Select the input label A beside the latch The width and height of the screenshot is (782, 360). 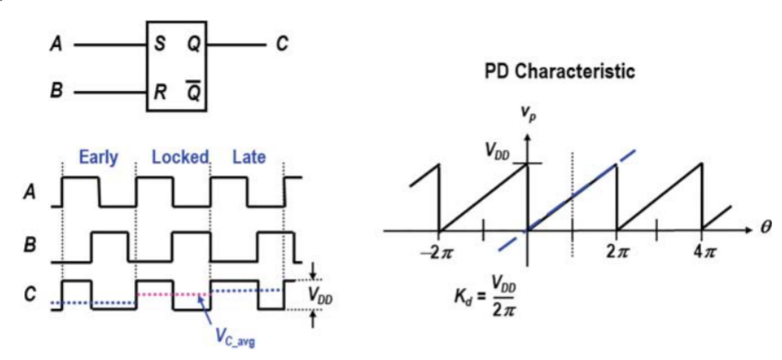click(x=55, y=43)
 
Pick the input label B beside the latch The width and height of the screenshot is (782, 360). click(x=55, y=91)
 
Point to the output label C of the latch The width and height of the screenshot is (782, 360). click(x=281, y=43)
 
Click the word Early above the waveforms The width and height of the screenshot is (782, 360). click(x=98, y=156)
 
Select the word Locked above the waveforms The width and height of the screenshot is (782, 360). click(x=180, y=156)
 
